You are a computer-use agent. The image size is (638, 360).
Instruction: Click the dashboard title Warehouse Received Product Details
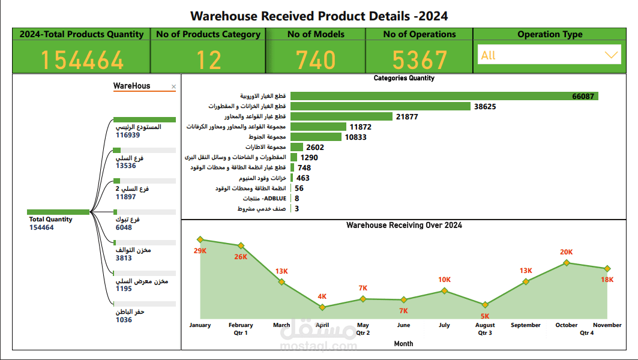(319, 16)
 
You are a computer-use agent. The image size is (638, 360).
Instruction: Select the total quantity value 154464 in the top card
(82, 60)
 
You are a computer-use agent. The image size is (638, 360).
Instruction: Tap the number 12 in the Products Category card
(208, 60)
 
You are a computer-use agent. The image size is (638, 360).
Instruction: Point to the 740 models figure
(316, 60)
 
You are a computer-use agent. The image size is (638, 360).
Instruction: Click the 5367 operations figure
(420, 60)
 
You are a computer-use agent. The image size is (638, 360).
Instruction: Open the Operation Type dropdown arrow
(611, 55)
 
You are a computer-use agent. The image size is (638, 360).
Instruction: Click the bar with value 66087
(444, 96)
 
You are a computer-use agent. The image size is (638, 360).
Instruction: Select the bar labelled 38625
(380, 106)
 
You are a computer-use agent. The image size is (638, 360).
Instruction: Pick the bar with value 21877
(341, 116)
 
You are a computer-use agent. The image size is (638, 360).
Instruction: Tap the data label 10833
(355, 137)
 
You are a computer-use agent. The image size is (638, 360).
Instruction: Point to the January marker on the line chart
(200, 239)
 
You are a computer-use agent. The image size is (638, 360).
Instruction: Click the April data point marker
(322, 307)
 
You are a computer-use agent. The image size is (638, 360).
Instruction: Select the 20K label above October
(566, 252)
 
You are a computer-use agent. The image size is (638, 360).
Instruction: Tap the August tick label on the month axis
(485, 325)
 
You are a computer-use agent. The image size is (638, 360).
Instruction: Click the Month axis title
(403, 344)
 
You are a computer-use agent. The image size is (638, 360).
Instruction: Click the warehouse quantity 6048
(124, 227)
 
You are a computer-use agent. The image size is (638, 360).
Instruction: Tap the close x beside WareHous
(174, 87)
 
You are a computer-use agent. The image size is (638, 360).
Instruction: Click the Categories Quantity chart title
(404, 78)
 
